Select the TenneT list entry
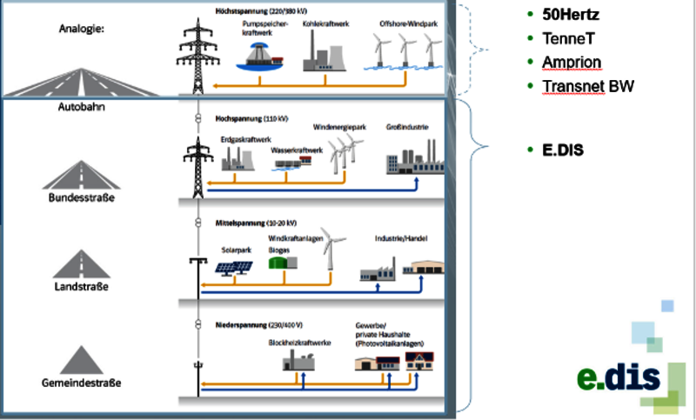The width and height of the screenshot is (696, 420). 570,39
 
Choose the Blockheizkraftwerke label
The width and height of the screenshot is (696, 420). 300,342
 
